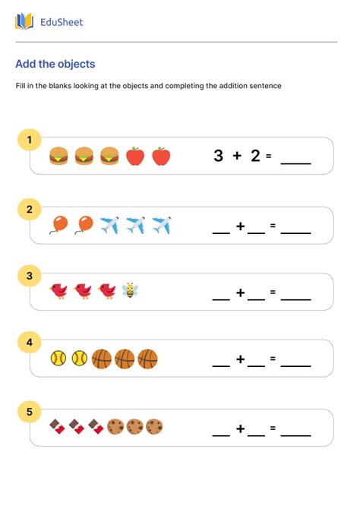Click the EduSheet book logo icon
tap(24, 21)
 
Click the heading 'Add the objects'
tap(55, 65)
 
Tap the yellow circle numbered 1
tap(30, 140)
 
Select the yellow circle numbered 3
tap(30, 276)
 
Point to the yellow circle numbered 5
tap(30, 413)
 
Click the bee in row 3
tap(131, 290)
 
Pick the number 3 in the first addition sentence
tap(219, 156)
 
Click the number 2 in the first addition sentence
tap(255, 156)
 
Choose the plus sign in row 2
tap(240, 226)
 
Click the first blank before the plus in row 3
tap(221, 299)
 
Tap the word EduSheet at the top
tap(62, 22)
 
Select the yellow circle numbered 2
tap(30, 208)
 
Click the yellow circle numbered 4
tap(30, 343)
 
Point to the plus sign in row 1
tap(237, 156)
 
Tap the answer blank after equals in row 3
tap(295, 299)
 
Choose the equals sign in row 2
tap(272, 226)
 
